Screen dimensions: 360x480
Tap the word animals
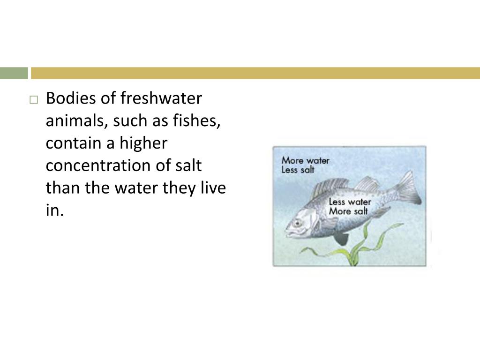pos(75,122)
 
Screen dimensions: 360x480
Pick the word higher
pos(144,144)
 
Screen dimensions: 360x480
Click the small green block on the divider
pos(14,73)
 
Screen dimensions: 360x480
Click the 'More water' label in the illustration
pos(305,161)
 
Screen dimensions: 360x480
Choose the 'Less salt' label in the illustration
pos(298,170)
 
